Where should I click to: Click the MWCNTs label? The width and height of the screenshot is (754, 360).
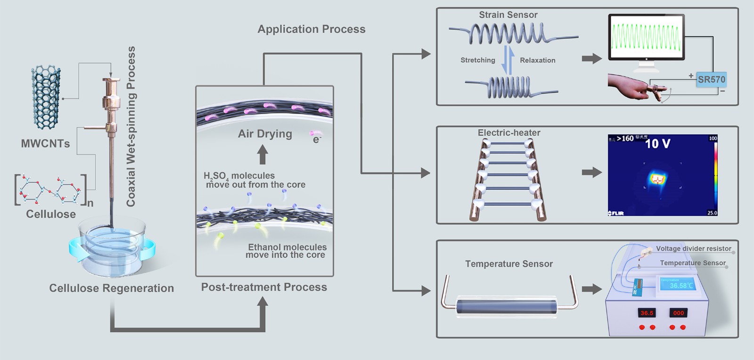(x=45, y=144)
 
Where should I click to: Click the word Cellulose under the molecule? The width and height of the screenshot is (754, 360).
(x=51, y=214)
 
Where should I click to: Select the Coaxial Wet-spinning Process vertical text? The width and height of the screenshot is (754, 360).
(x=131, y=126)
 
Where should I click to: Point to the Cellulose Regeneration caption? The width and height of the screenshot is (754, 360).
(x=112, y=288)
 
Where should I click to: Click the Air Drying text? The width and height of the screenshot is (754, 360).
(x=265, y=134)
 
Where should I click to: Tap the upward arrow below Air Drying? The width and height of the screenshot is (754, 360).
(x=262, y=155)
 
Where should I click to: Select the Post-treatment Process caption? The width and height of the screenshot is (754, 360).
(x=264, y=287)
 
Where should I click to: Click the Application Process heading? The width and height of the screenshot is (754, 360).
(x=311, y=29)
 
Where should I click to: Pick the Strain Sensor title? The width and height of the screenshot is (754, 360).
(x=508, y=15)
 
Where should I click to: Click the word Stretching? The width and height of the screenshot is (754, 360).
(x=478, y=60)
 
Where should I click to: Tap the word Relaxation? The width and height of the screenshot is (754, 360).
(x=538, y=60)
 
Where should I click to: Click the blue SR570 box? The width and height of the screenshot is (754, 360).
(x=712, y=80)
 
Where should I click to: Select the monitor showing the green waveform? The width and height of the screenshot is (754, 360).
(x=646, y=38)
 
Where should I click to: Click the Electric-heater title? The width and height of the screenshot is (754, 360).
(x=509, y=133)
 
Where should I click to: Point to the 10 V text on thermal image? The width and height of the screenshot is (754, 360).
(x=657, y=144)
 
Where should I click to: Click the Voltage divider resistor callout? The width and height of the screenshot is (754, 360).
(x=694, y=248)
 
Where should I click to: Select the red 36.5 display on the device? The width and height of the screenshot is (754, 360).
(x=647, y=313)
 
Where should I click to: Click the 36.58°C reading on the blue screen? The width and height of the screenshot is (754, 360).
(x=681, y=286)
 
